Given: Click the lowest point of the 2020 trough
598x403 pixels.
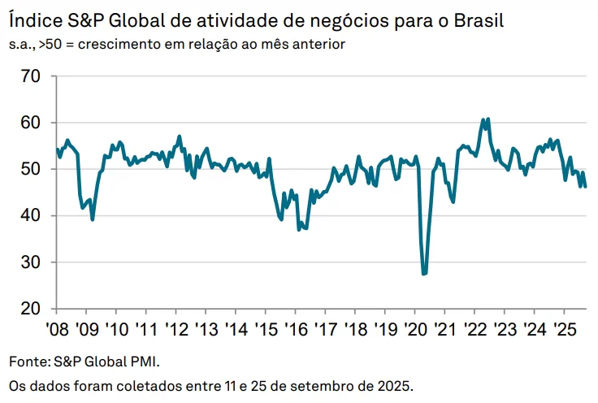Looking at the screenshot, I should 424,274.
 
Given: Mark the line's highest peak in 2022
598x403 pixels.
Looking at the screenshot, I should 487,119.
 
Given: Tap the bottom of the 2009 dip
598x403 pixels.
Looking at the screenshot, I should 93,219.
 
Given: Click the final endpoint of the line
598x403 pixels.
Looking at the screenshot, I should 586,187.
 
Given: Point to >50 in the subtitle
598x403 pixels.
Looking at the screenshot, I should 51,43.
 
